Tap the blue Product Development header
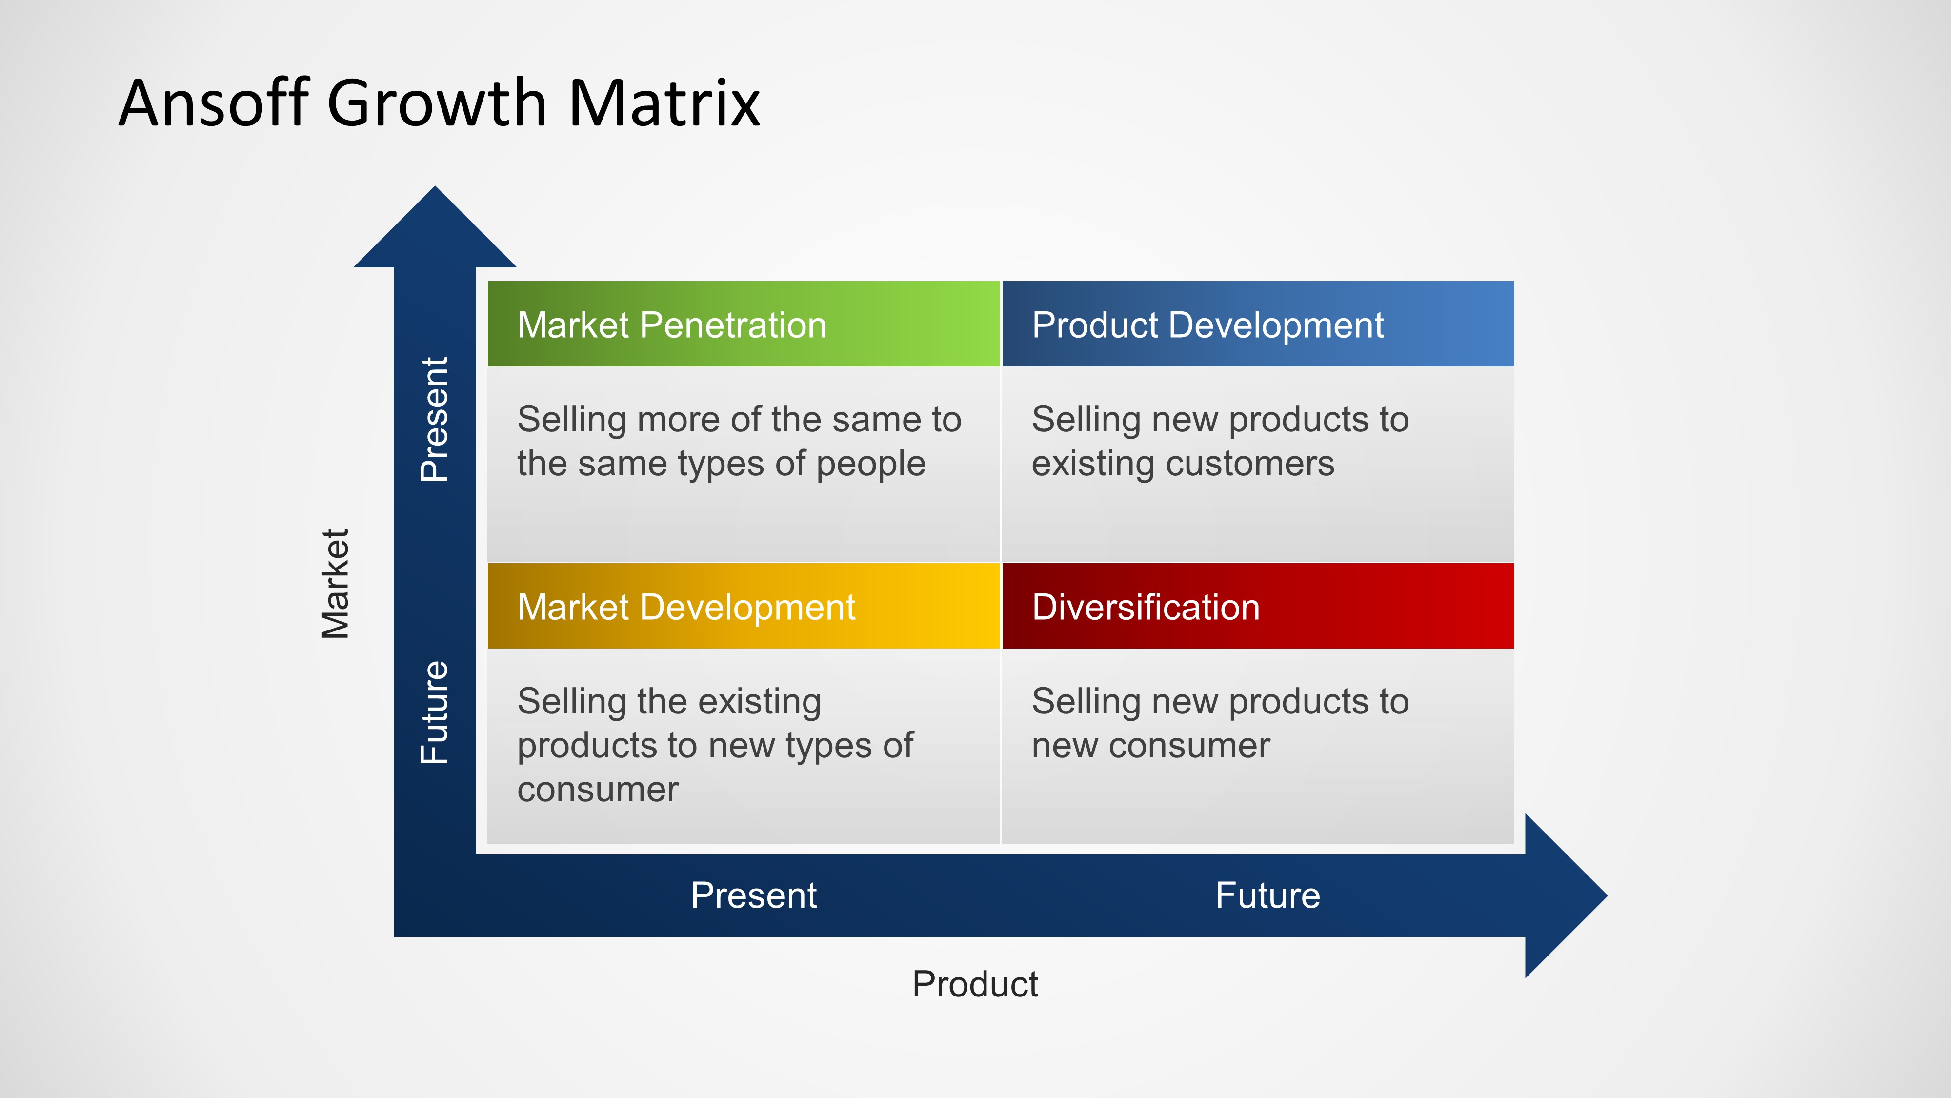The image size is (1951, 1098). (1257, 325)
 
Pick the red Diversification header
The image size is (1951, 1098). (1257, 606)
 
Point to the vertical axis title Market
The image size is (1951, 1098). (335, 584)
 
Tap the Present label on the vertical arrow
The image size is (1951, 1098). (435, 419)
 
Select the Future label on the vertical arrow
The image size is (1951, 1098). (435, 712)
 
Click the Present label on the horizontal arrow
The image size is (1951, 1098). (754, 895)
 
